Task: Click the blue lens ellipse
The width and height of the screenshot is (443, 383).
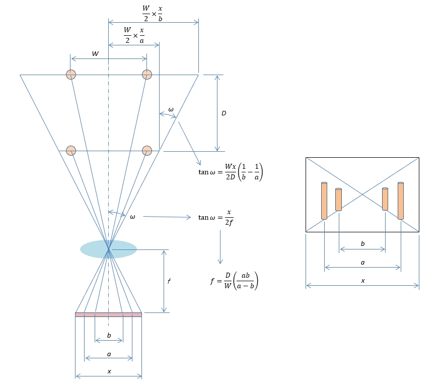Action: click(x=109, y=249)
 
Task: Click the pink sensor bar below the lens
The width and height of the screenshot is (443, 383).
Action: click(x=109, y=314)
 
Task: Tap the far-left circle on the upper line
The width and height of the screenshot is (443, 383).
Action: click(x=71, y=75)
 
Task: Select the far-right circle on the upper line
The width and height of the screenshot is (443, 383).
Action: click(x=147, y=75)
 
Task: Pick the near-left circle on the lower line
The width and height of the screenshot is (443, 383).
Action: click(x=71, y=151)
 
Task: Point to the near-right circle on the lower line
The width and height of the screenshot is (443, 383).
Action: click(x=147, y=151)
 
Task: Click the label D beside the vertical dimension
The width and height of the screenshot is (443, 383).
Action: click(x=224, y=113)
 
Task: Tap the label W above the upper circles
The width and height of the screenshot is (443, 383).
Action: click(x=96, y=53)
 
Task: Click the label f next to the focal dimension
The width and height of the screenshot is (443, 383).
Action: click(x=169, y=281)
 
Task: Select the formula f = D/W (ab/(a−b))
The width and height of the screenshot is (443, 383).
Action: click(x=234, y=281)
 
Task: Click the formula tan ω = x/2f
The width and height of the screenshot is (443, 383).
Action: click(x=216, y=218)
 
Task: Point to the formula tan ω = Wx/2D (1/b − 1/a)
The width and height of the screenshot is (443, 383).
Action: click(x=231, y=172)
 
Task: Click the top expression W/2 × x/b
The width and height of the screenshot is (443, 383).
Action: click(x=153, y=13)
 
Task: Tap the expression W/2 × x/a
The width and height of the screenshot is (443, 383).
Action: click(x=134, y=35)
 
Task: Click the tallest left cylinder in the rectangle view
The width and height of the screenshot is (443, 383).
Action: click(x=324, y=201)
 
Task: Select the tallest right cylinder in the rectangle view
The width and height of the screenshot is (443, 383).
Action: click(x=401, y=201)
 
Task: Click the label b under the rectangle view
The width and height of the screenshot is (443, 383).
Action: click(x=363, y=243)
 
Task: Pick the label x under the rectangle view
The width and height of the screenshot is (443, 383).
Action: click(x=363, y=281)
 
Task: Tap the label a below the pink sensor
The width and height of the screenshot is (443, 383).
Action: click(x=109, y=354)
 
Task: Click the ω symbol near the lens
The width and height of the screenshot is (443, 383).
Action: click(x=132, y=217)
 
